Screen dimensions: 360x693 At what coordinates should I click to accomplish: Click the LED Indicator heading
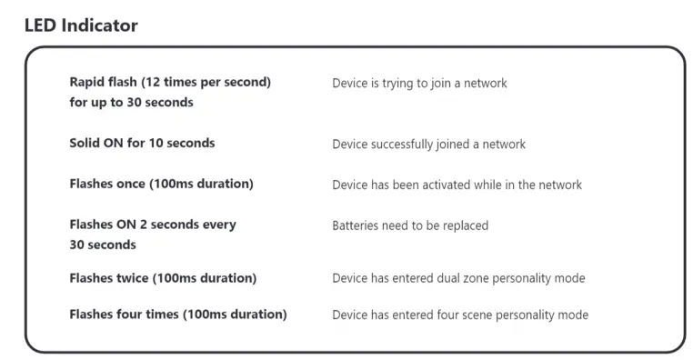pos(81,25)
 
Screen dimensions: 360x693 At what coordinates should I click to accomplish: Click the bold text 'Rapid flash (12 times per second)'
pos(170,82)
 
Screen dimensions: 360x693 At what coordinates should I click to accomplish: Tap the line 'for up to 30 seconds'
pos(131,103)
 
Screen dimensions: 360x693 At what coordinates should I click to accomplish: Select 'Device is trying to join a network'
pos(419,84)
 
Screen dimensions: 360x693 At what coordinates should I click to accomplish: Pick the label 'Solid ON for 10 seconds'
pos(142,144)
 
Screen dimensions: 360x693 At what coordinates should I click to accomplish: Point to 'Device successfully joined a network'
pos(428,145)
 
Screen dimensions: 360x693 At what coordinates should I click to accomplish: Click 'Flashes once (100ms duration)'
pos(161,184)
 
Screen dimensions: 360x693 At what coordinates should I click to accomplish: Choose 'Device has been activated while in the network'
pos(457,185)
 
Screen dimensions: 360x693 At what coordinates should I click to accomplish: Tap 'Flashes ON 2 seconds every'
pos(152,225)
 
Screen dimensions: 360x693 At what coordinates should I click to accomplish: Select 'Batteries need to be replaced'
pos(409,225)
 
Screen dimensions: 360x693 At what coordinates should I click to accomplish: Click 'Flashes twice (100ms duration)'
pos(163,278)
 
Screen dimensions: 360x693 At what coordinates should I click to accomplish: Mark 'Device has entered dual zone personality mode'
pos(458,278)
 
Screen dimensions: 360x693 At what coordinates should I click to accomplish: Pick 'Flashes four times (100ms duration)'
pos(178,315)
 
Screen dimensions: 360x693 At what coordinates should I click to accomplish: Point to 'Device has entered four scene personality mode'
pos(460,315)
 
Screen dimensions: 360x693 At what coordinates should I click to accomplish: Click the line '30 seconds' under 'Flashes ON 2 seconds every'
pos(103,245)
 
